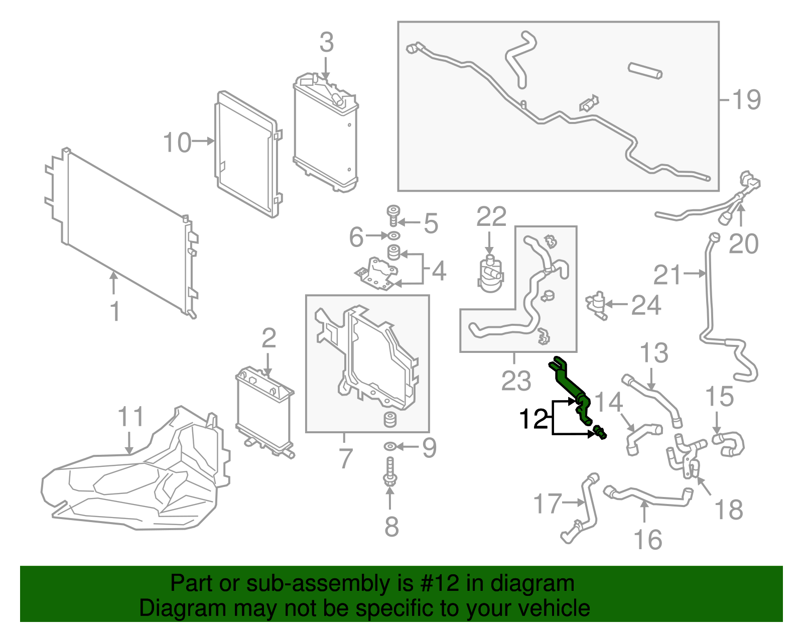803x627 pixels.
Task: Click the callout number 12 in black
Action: click(534, 419)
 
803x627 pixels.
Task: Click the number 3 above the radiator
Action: click(326, 43)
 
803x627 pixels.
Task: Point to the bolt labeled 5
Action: click(393, 216)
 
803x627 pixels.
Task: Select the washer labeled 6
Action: click(394, 235)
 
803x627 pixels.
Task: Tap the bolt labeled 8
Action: click(390, 472)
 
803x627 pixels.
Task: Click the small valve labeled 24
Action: click(597, 304)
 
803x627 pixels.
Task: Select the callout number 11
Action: click(130, 416)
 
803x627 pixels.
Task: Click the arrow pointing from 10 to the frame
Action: click(203, 142)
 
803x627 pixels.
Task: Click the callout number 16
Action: click(648, 540)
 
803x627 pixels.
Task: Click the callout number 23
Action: click(515, 381)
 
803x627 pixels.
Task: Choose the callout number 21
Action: click(668, 275)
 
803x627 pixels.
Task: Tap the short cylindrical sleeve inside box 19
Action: click(644, 71)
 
